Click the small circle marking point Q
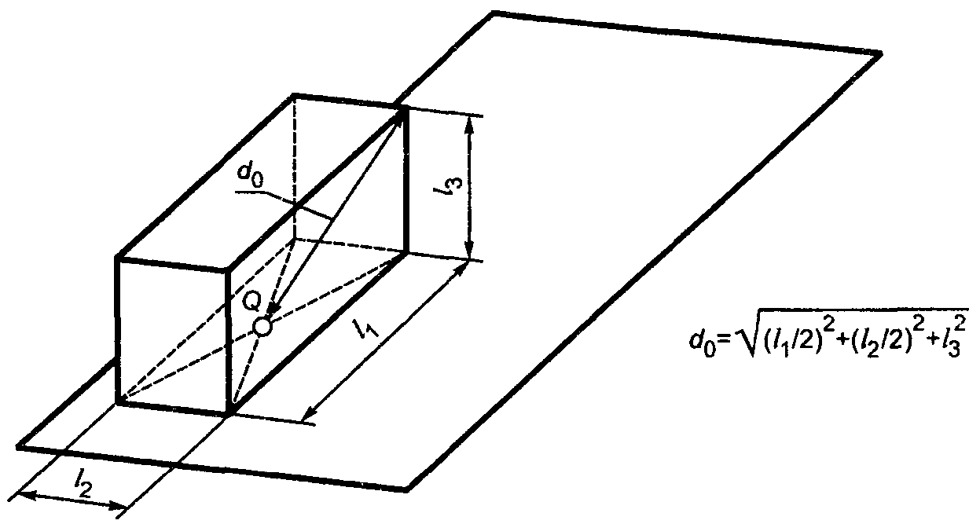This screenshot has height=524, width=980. coord(263,327)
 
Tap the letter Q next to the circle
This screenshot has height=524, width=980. coord(251,302)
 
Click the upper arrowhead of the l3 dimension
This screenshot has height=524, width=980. coord(469,125)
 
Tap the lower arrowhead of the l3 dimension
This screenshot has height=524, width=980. coord(469,252)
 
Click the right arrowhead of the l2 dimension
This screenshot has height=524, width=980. coord(117,506)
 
